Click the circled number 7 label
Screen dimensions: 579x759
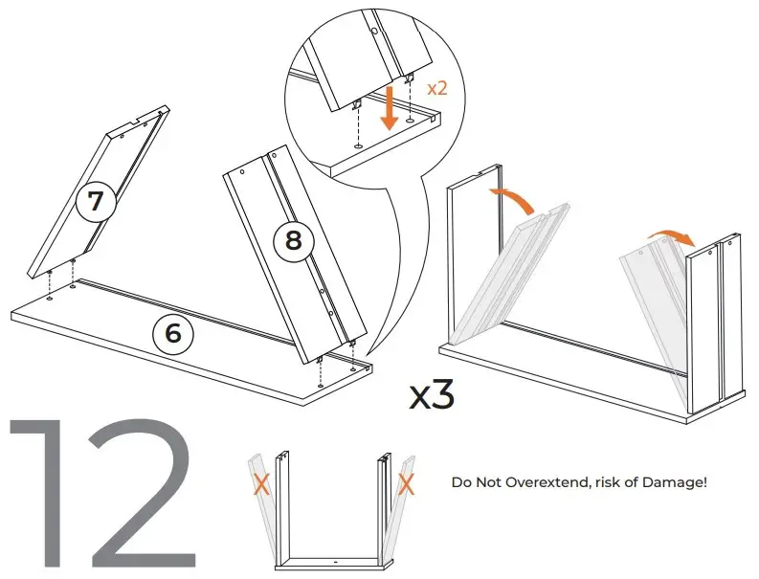(97, 202)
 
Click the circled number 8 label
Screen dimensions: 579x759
(294, 241)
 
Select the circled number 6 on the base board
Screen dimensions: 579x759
(172, 333)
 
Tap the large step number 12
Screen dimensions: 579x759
(105, 494)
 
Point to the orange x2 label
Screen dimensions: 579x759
(436, 88)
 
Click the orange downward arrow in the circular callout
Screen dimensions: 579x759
(389, 107)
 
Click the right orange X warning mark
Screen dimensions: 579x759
(406, 484)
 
